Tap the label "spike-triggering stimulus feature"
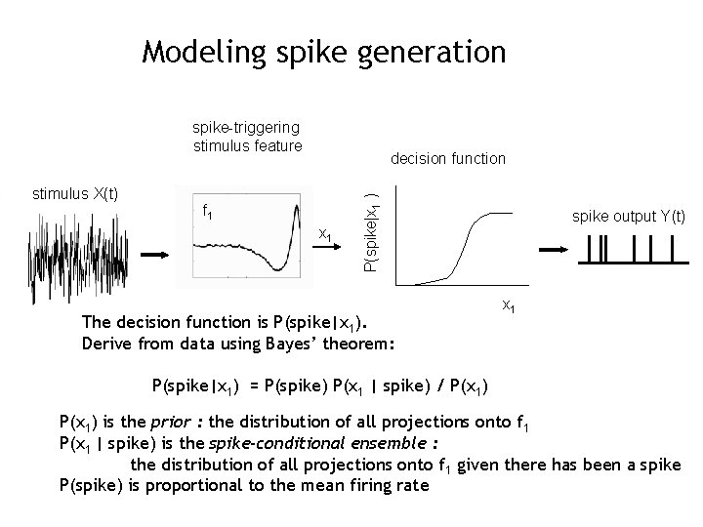click(x=247, y=137)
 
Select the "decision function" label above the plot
click(x=447, y=157)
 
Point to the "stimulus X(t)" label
click(x=75, y=192)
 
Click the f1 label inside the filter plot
click(x=208, y=211)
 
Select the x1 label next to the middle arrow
click(x=326, y=235)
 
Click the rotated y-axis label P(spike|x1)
click(x=371, y=232)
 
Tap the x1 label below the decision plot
click(x=508, y=305)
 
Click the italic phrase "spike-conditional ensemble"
click(x=308, y=442)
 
